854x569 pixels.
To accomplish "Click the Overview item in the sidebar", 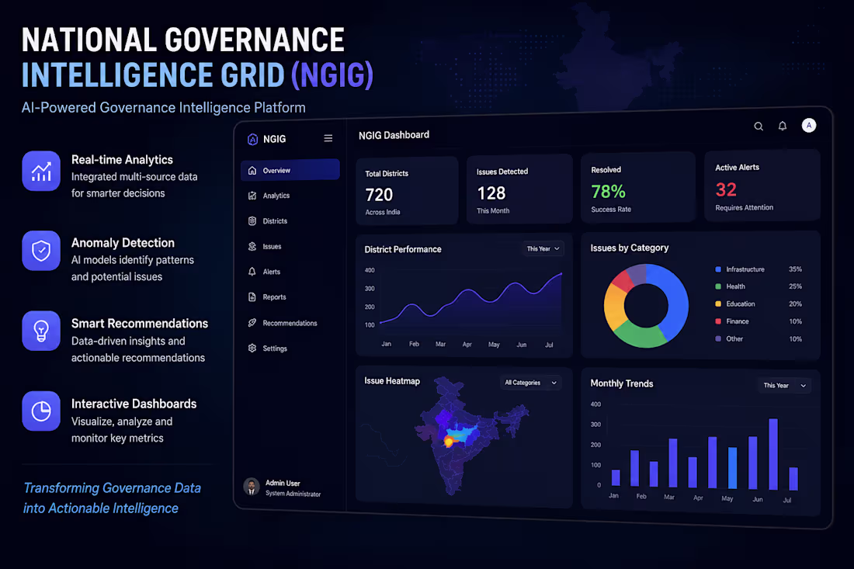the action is (x=290, y=170).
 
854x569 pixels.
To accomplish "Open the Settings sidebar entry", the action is (x=267, y=348).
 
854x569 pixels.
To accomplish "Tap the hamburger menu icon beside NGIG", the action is (x=328, y=138).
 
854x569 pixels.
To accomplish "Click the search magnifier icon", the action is (x=759, y=127).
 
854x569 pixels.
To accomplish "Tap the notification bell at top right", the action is (x=782, y=126).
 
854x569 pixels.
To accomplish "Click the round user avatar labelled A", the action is (x=809, y=125).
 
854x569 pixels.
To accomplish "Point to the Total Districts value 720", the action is (x=379, y=194).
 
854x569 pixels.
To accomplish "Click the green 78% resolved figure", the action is (x=609, y=191).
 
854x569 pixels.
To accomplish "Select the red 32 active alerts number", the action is (x=726, y=189).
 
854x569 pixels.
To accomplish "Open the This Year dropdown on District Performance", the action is (x=543, y=249).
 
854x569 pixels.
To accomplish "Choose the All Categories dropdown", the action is (x=530, y=383).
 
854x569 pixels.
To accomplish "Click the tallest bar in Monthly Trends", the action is (x=773, y=453).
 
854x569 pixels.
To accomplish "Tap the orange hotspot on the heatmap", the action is (x=449, y=442).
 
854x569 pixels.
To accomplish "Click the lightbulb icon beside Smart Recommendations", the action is (x=41, y=331).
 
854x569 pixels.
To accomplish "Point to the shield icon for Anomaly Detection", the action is (x=41, y=251).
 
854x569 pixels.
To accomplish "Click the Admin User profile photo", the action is (x=251, y=486).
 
